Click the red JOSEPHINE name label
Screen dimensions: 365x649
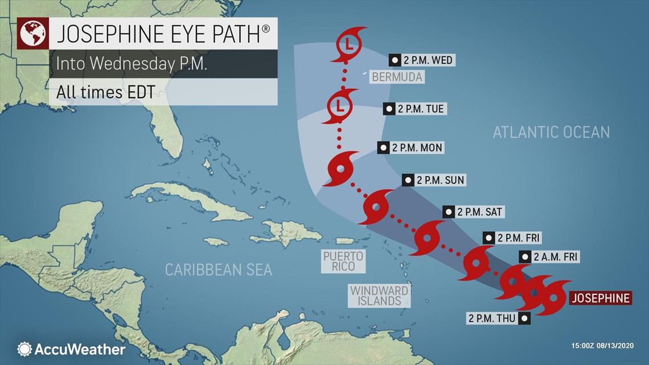[x=600, y=298]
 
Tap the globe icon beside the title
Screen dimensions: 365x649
[x=33, y=34]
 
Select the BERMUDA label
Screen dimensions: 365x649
[x=397, y=76]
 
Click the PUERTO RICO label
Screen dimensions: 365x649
[x=343, y=261]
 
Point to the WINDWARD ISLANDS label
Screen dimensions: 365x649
[x=379, y=295]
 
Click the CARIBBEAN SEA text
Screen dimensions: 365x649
[x=219, y=269]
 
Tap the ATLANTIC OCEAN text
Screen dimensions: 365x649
[x=551, y=132]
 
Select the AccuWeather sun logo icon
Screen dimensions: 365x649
[x=24, y=348]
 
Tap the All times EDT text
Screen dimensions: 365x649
[x=105, y=91]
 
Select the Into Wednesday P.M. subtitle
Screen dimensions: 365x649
[x=132, y=63]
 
